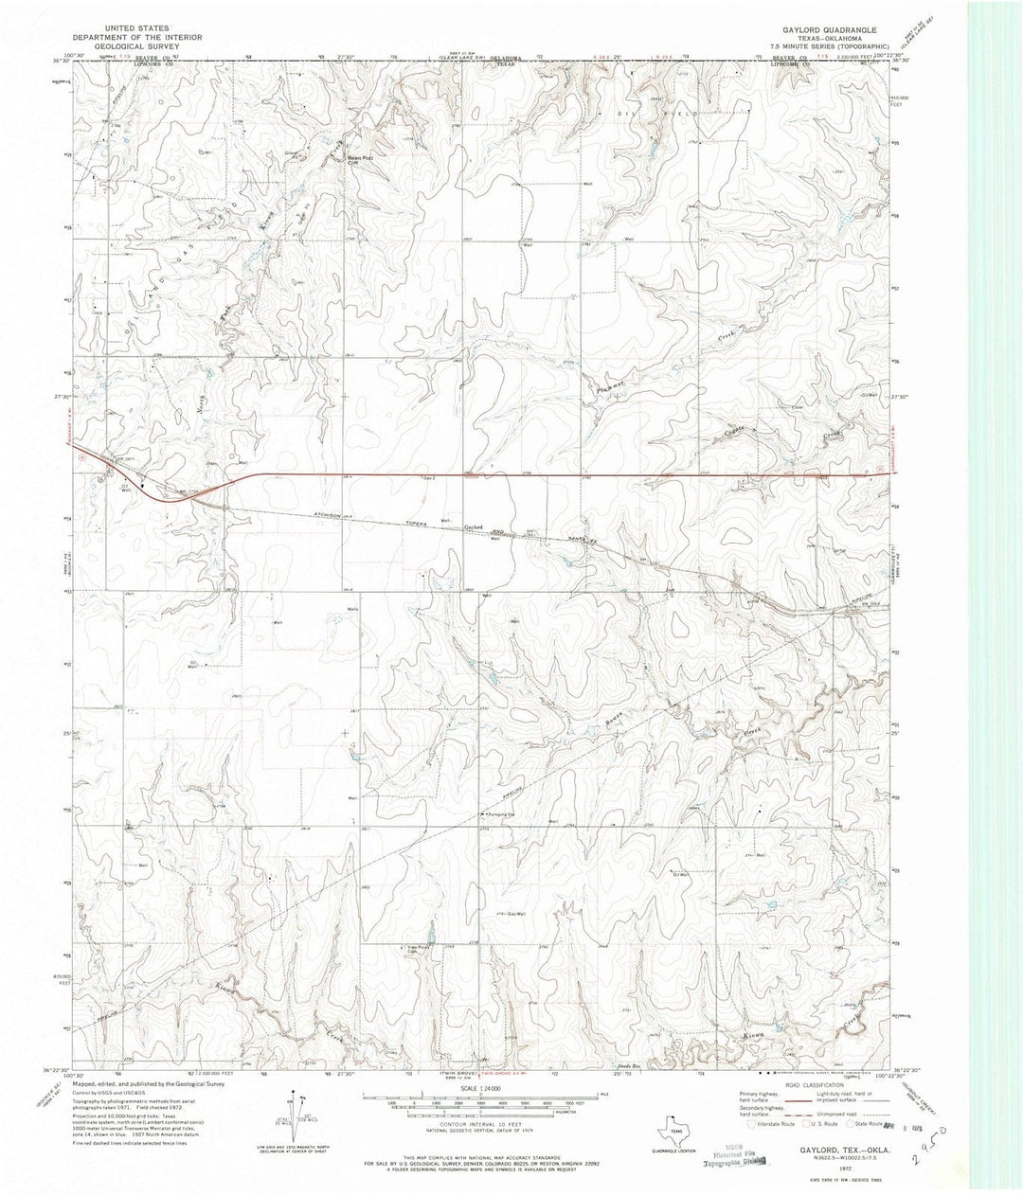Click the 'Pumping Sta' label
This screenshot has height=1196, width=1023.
point(503,813)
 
